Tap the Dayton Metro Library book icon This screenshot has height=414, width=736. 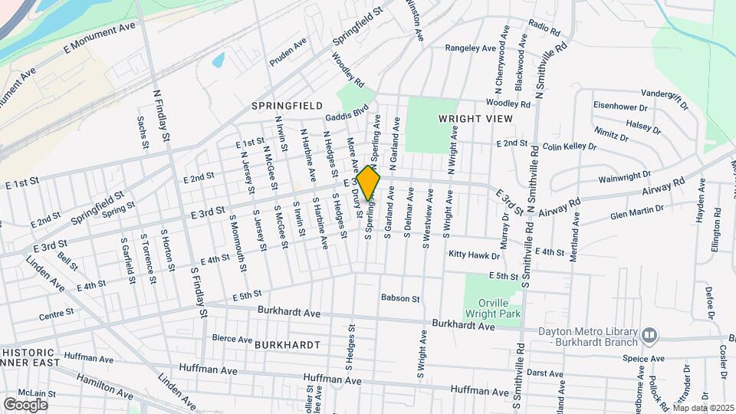click(649, 334)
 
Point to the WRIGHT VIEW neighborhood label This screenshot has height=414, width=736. click(475, 119)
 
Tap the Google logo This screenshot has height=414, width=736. click(25, 404)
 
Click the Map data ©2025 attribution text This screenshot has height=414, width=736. click(703, 408)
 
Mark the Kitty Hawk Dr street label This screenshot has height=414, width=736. click(475, 254)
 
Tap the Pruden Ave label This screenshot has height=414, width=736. click(288, 60)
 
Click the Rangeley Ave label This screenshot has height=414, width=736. click(472, 48)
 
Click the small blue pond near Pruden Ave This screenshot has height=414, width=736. click(219, 59)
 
